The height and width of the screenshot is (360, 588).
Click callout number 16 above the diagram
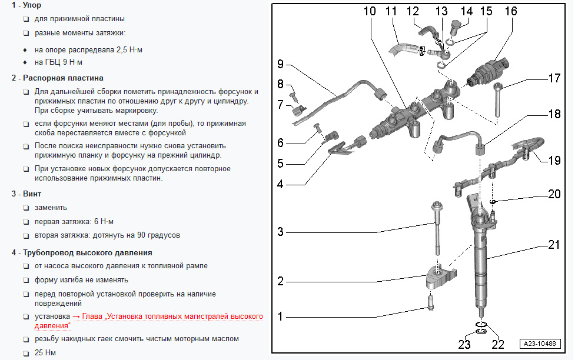[511, 11]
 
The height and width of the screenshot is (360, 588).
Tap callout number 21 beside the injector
[553, 245]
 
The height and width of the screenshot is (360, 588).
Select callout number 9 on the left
[280, 64]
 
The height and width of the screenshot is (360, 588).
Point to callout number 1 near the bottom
[281, 316]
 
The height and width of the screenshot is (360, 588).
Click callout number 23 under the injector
[464, 345]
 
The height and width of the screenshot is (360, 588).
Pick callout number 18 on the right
[554, 115]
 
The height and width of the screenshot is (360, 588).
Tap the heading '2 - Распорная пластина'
[57, 78]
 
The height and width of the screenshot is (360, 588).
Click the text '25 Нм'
[45, 353]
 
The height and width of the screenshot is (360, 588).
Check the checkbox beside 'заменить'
[26, 208]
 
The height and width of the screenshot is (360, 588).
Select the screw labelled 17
[497, 100]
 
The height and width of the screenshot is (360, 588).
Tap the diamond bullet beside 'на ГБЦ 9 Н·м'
[25, 62]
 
